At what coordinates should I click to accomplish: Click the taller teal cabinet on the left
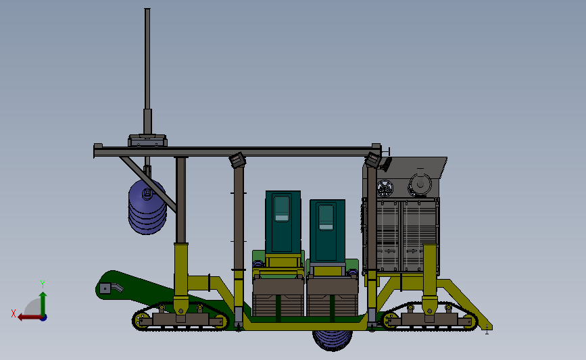click(x=283, y=223)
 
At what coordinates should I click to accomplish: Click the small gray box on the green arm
click(x=105, y=288)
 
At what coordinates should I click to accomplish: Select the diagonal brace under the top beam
click(x=149, y=182)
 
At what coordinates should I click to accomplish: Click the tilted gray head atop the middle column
click(x=237, y=160)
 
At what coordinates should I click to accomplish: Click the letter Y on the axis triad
click(x=42, y=284)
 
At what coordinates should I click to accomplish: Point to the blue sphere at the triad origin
click(x=43, y=317)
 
